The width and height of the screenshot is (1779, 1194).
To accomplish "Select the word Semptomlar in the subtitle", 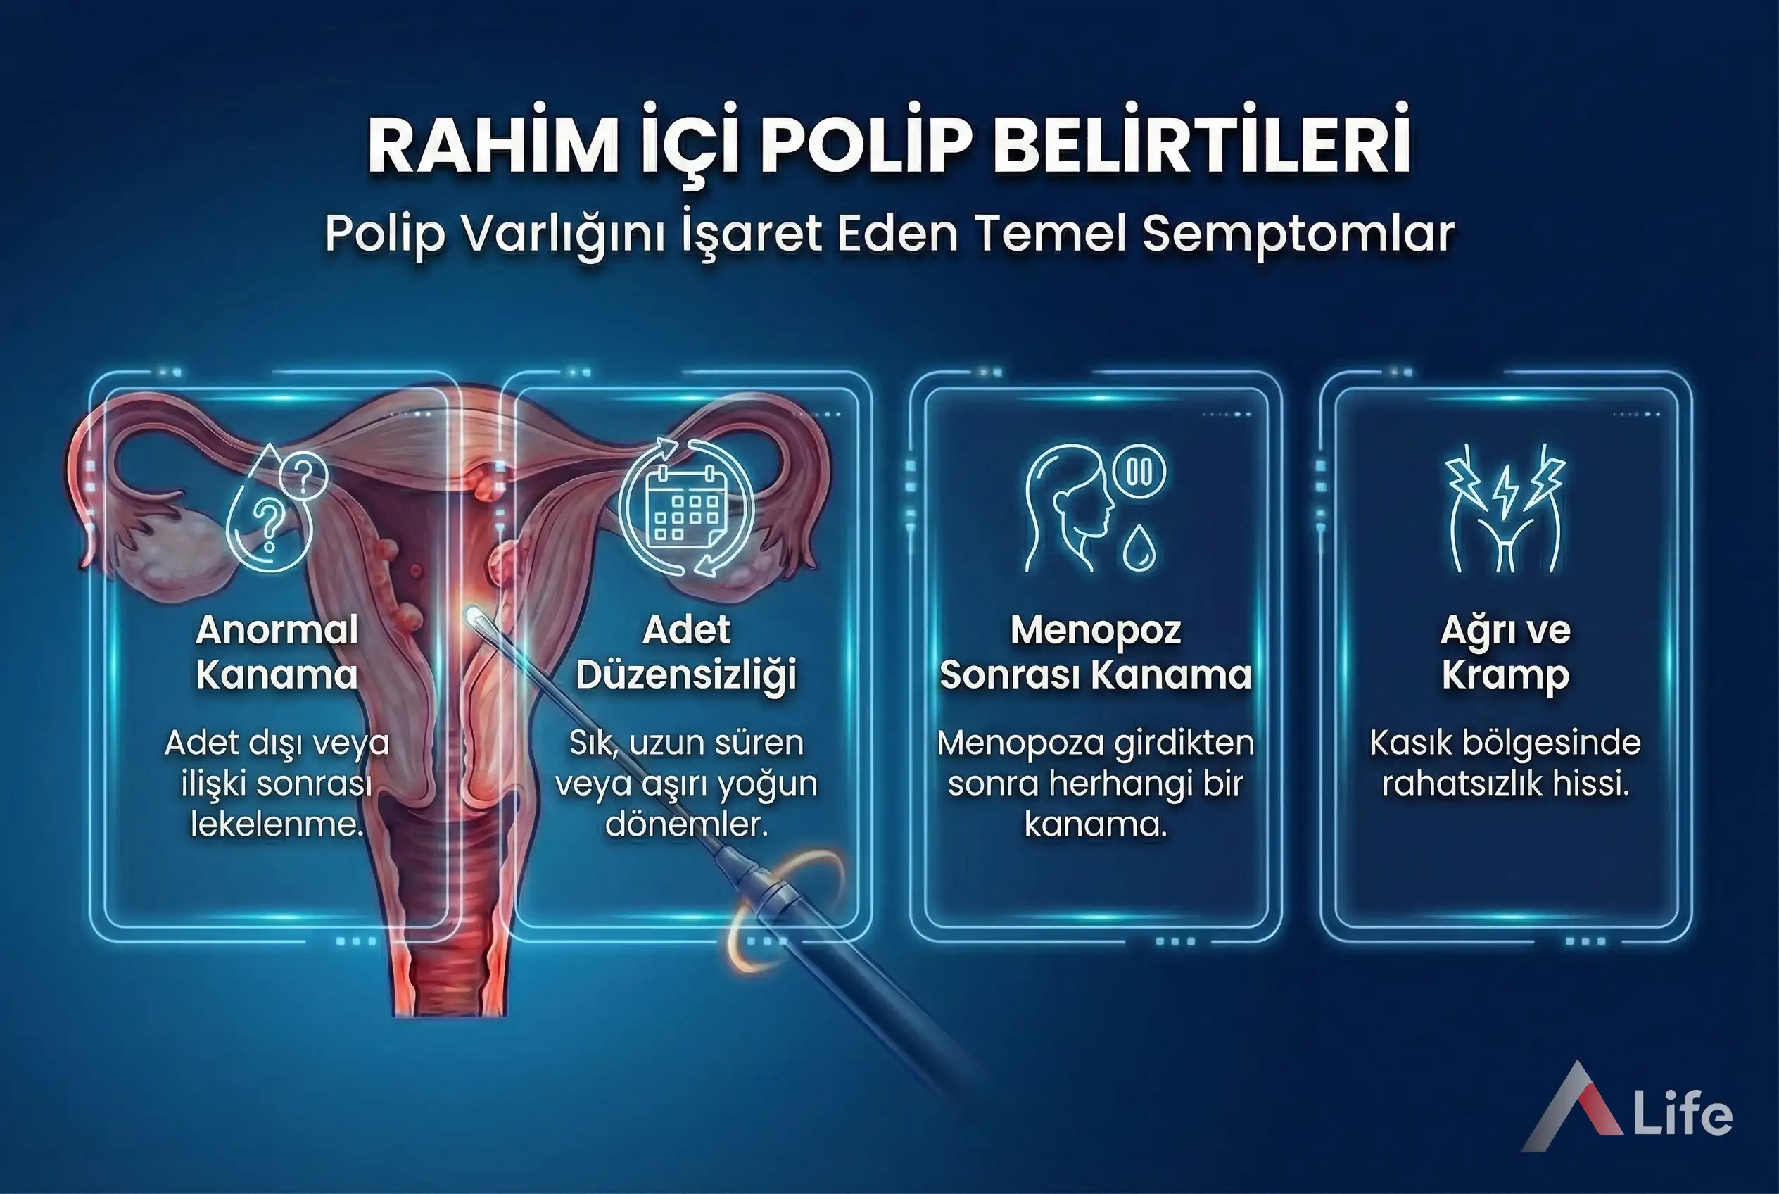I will (x=1298, y=233).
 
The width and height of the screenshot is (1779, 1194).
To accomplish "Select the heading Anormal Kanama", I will (x=277, y=652).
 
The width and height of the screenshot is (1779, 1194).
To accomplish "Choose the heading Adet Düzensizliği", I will (x=687, y=652).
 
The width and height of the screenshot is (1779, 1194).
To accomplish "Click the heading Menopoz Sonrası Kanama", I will (x=1096, y=652).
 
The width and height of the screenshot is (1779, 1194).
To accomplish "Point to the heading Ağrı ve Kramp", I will (x=1505, y=652).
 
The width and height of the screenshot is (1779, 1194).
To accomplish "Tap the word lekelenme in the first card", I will (x=277, y=824).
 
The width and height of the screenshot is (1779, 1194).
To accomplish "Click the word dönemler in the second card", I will (x=687, y=824).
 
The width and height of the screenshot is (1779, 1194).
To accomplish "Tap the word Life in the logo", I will (x=1683, y=1117).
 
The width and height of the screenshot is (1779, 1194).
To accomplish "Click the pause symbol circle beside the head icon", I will (x=1139, y=472).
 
